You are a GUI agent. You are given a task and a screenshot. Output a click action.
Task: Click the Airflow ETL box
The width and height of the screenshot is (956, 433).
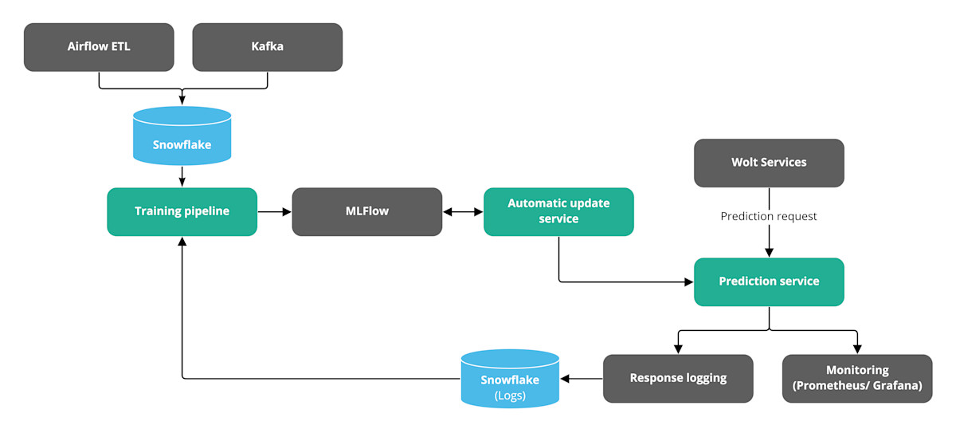coord(99,47)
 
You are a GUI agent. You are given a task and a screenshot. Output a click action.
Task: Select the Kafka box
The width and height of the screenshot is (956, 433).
coord(268,47)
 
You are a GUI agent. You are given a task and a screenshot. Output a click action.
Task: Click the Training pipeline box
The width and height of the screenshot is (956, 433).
coord(182,211)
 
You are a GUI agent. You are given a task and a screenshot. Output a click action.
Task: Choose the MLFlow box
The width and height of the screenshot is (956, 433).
coord(366,211)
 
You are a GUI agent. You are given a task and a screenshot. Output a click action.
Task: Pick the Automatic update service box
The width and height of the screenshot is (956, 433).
coord(558,211)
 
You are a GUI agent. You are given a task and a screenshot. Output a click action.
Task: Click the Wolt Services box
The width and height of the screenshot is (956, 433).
coord(769,163)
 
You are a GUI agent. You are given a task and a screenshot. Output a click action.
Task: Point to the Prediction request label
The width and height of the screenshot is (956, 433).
coord(769,216)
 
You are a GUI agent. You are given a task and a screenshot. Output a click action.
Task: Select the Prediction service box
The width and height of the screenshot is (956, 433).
coord(769,281)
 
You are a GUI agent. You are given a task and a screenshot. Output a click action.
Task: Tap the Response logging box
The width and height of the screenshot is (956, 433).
coord(678,378)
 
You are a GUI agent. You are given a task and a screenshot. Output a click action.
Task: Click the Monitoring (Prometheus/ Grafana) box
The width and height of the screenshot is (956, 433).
coord(857,378)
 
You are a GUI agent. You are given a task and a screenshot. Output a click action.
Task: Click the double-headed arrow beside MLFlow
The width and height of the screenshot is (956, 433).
coord(463,212)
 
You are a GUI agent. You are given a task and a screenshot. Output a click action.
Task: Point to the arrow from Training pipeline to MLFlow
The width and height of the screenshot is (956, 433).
coord(274,212)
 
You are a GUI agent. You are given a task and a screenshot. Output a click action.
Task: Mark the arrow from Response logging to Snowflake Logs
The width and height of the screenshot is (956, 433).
coord(582,379)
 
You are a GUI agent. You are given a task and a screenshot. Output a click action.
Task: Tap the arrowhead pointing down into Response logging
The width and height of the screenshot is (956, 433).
coord(678,349)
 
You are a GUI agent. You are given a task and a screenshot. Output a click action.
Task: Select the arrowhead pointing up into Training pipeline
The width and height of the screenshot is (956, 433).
coord(182,242)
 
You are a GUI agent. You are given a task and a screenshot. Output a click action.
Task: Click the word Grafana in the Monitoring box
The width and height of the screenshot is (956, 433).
coord(894,386)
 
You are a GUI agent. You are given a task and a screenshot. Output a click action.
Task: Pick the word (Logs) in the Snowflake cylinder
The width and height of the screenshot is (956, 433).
coord(510,395)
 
